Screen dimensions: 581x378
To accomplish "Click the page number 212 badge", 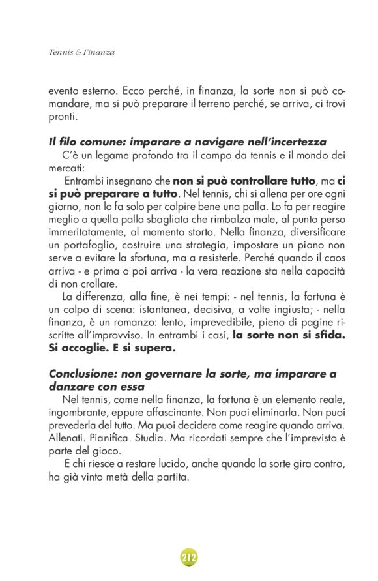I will (189, 558).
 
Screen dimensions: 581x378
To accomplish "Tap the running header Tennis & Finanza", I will (81, 52).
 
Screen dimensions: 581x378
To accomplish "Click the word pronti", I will (63, 118).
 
